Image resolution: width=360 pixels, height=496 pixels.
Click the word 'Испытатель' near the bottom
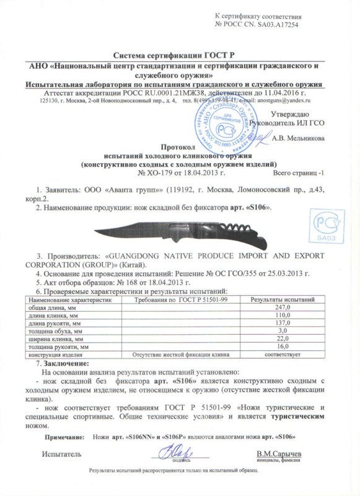tap(61, 454)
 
